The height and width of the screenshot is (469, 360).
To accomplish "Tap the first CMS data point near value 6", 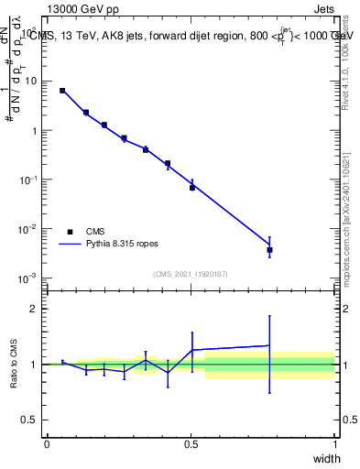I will (x=62, y=91).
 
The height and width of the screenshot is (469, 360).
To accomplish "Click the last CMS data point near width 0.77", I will (x=269, y=249).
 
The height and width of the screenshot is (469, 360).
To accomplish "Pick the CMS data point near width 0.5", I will (x=192, y=188).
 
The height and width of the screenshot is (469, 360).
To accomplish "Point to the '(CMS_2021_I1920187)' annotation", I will (x=190, y=274).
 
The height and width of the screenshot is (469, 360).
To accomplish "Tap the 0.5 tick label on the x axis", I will (x=191, y=444).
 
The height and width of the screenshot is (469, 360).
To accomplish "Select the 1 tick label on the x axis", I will (x=335, y=444).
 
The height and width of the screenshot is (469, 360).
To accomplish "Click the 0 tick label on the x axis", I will (x=47, y=444).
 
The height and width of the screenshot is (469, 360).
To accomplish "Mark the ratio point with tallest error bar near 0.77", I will (x=269, y=345).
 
